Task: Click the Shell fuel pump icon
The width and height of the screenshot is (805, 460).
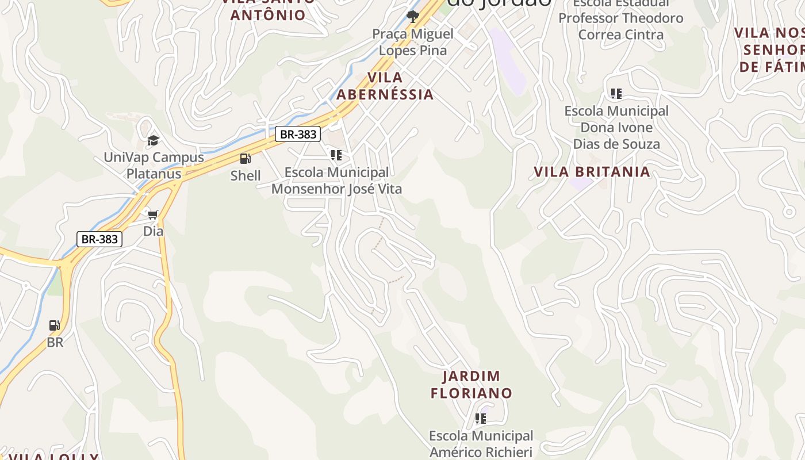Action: [246, 158]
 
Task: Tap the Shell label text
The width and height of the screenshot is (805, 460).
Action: [246, 175]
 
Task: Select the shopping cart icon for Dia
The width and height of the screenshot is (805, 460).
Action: [153, 214]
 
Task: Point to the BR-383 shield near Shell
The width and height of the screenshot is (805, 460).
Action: [297, 134]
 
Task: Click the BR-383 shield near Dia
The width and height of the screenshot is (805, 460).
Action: [99, 239]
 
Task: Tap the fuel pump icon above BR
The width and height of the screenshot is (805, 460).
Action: [55, 325]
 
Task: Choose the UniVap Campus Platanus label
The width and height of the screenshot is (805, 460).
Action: [154, 165]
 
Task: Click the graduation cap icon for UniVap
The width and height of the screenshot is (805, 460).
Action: [153, 140]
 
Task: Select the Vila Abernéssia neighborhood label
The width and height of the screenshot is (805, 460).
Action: [385, 86]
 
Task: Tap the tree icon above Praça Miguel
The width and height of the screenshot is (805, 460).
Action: [412, 16]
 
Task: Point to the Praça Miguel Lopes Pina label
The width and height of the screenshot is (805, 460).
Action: [413, 42]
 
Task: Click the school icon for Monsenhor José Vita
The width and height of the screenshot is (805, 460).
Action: [336, 155]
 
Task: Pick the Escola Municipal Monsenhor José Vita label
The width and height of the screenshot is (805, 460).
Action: [336, 180]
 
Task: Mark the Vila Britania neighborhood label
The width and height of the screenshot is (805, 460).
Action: [592, 171]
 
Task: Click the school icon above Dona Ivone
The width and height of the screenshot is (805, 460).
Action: [616, 93]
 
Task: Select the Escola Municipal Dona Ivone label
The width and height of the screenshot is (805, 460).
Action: [616, 127]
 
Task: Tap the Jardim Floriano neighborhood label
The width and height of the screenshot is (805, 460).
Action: [471, 385]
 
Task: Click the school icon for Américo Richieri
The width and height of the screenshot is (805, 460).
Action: [481, 418]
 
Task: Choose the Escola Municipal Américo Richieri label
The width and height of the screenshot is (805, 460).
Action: [481, 443]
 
